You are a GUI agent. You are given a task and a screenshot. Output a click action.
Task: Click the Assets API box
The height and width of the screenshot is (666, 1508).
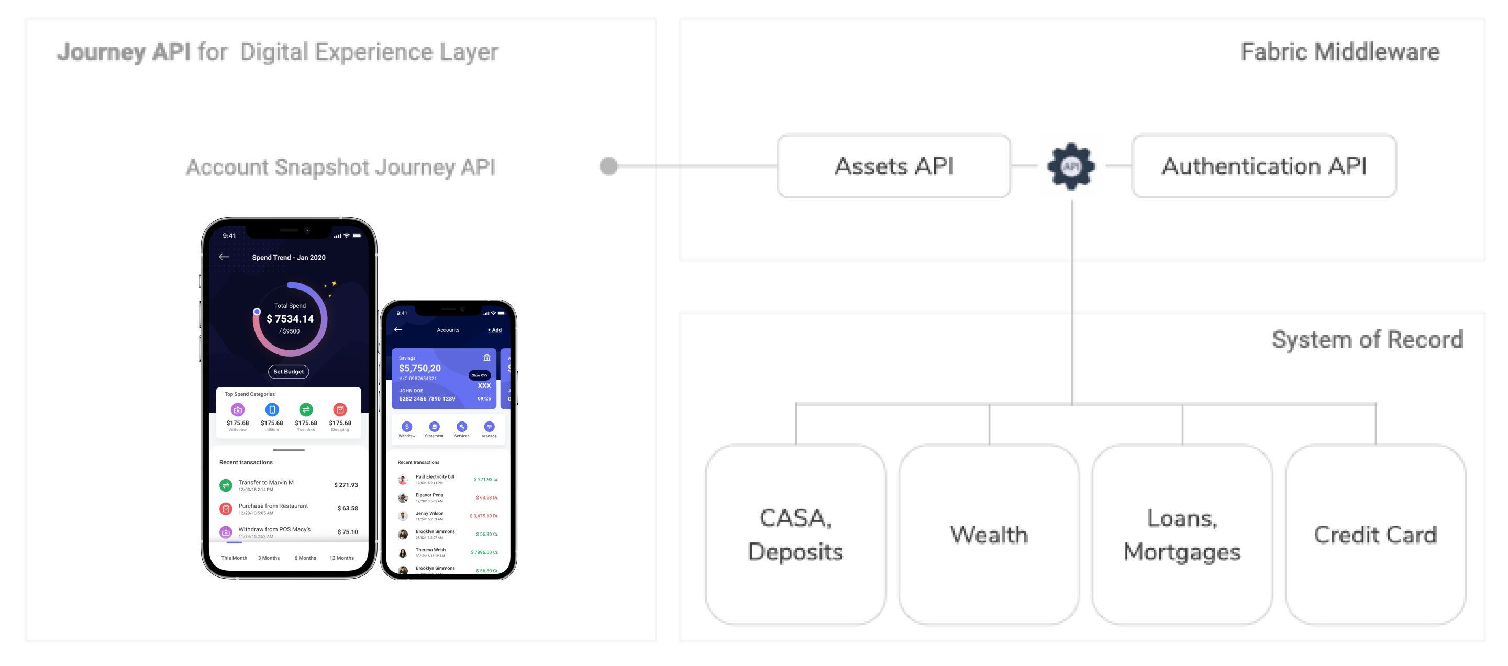point(893,166)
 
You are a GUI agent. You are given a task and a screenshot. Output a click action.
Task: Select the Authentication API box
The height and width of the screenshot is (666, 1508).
point(1263,166)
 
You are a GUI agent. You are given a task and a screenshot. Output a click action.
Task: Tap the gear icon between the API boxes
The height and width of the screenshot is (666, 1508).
point(1071,166)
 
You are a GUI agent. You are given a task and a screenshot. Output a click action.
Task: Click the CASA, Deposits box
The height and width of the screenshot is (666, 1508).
point(795,535)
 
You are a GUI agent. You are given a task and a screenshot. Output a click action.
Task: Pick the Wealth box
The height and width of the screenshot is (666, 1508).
point(988,535)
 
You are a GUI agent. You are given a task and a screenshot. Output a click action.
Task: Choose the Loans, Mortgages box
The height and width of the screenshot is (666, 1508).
point(1181,535)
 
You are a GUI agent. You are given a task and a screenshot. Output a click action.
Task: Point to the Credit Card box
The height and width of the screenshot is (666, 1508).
point(1374,535)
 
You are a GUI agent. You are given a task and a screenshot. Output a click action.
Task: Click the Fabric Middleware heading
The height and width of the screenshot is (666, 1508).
point(1339,51)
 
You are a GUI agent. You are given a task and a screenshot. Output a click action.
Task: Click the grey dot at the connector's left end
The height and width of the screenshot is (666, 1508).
point(609,166)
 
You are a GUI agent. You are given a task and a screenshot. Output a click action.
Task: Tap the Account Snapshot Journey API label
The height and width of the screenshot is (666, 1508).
point(340,168)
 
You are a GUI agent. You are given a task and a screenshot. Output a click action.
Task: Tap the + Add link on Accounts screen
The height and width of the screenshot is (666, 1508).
point(495,330)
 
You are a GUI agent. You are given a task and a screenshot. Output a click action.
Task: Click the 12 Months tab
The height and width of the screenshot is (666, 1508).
point(341,558)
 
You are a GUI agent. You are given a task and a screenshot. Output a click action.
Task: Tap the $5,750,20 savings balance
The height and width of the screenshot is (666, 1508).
point(420,368)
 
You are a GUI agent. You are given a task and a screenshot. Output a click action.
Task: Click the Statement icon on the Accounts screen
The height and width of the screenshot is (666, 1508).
point(434,427)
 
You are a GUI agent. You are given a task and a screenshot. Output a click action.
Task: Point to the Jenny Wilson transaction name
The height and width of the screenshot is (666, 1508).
point(429,513)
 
